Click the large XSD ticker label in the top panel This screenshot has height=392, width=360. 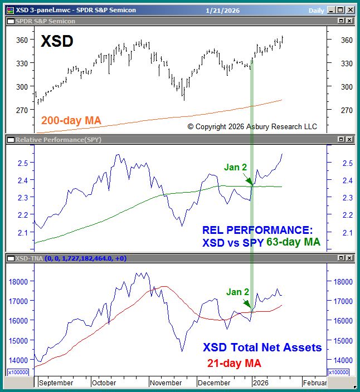click(57, 41)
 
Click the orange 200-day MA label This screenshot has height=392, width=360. click(70, 120)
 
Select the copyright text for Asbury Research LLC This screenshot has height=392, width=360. click(252, 127)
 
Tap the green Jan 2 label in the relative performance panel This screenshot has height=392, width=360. click(235, 166)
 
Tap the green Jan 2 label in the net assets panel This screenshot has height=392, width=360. click(237, 292)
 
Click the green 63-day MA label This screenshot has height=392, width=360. click(293, 242)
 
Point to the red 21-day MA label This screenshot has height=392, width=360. click(231, 363)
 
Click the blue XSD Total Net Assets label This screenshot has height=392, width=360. click(262, 347)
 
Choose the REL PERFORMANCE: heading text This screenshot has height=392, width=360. click(257, 230)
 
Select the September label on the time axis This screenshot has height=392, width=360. click(56, 383)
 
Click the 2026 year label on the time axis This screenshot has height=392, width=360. click(260, 383)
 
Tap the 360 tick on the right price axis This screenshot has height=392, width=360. click(347, 40)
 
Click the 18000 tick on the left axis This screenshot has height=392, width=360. click(20, 281)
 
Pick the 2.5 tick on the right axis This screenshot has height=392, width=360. click(347, 163)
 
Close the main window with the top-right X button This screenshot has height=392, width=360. click(351, 9)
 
